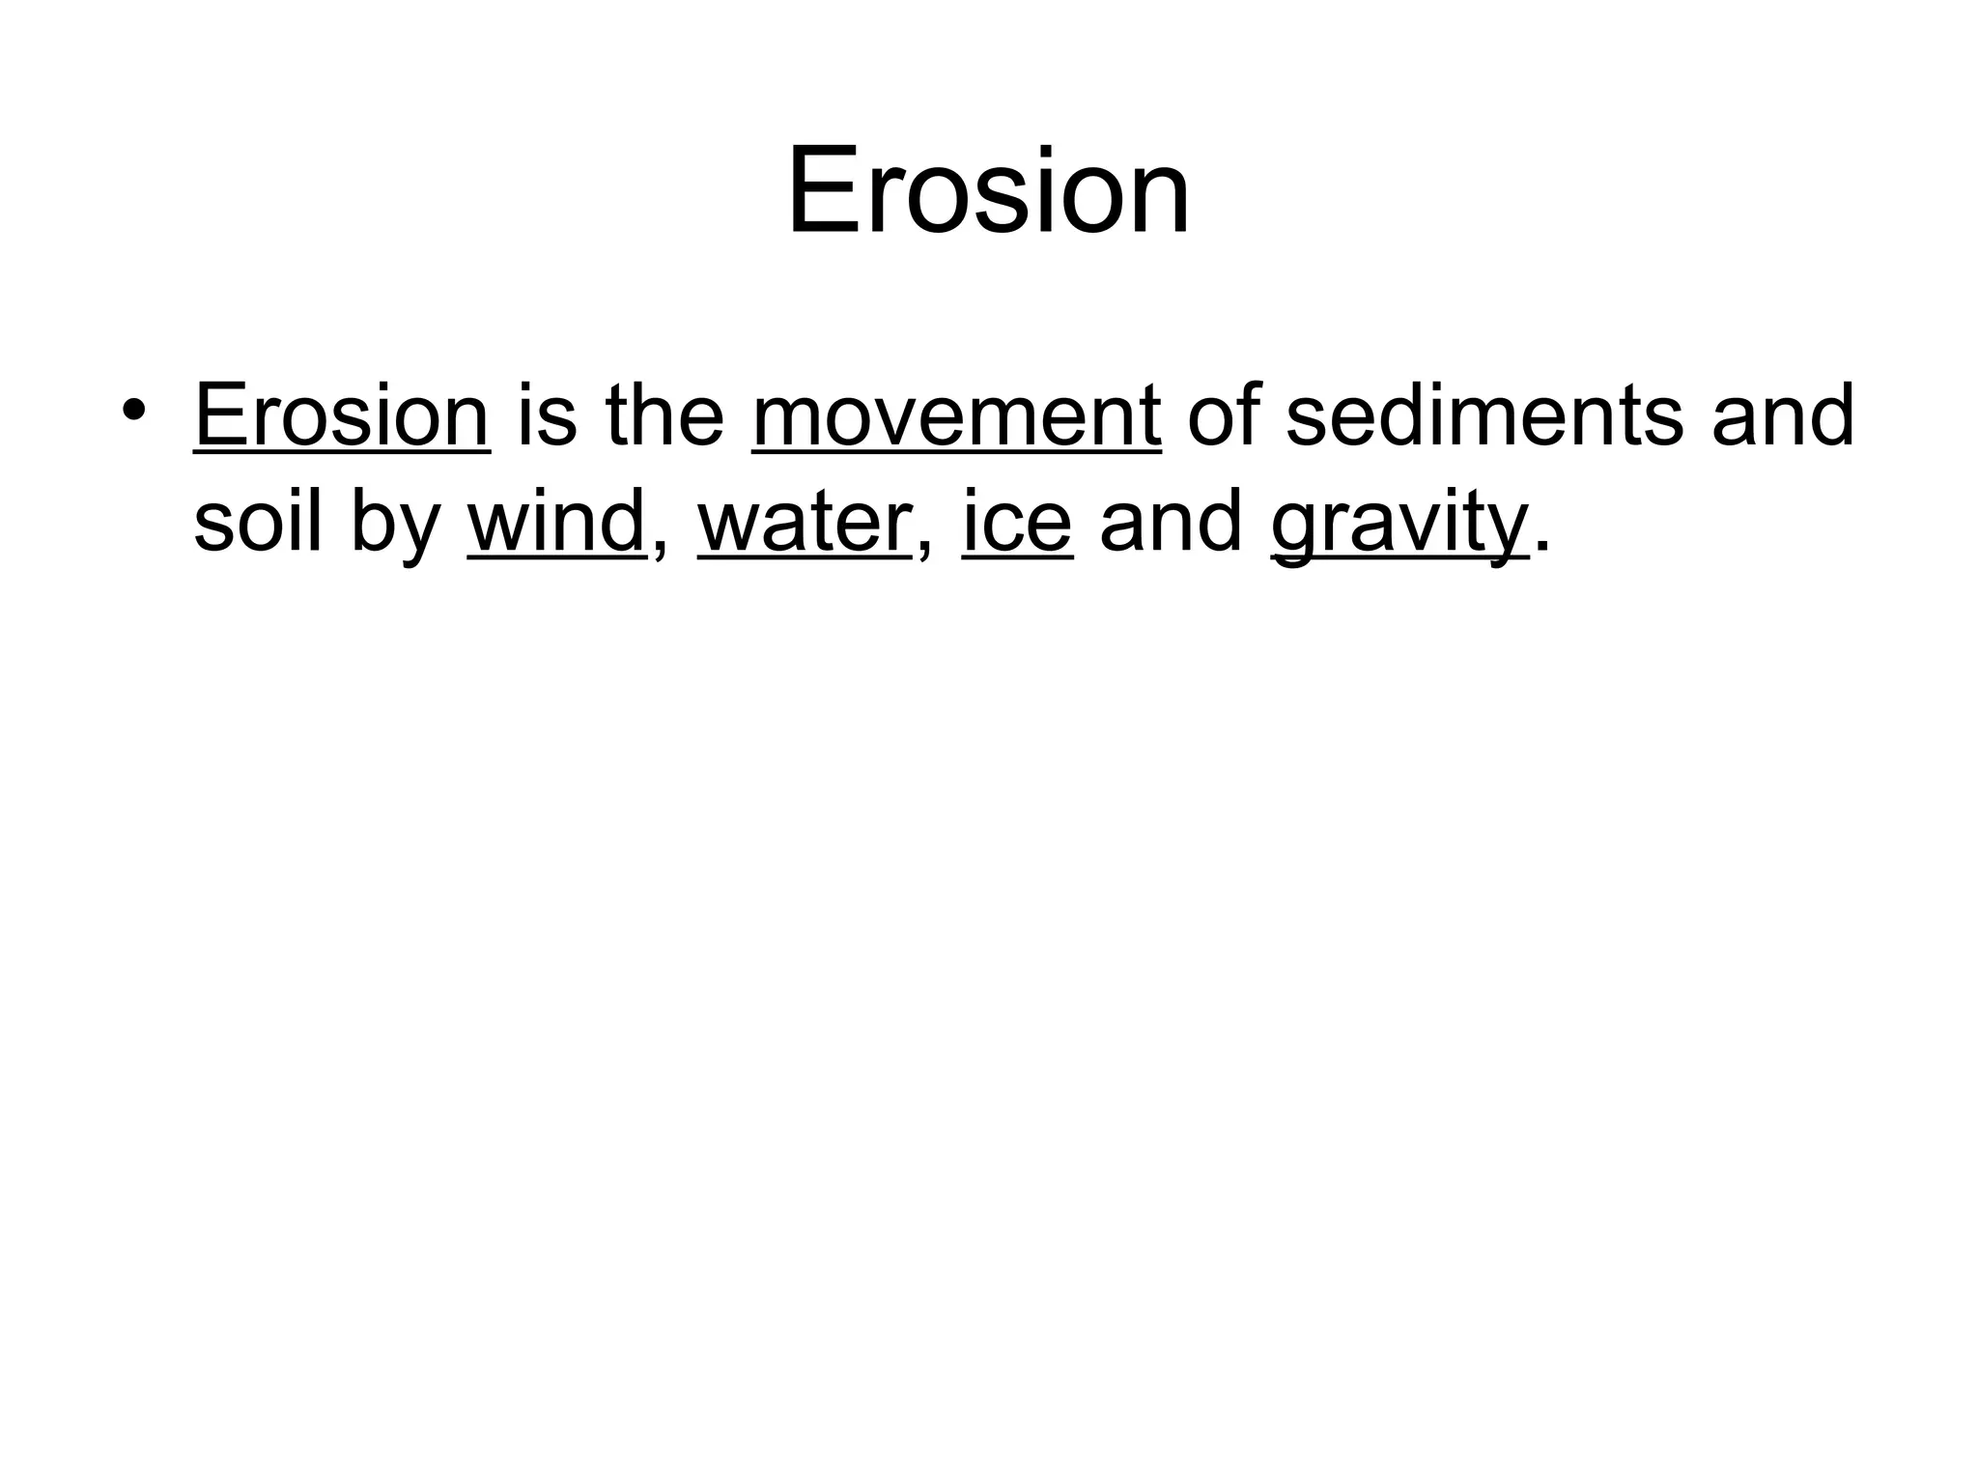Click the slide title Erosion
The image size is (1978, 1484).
point(988,190)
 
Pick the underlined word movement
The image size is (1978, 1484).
point(956,417)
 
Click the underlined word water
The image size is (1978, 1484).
point(804,524)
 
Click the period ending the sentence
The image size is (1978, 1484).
point(1542,548)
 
